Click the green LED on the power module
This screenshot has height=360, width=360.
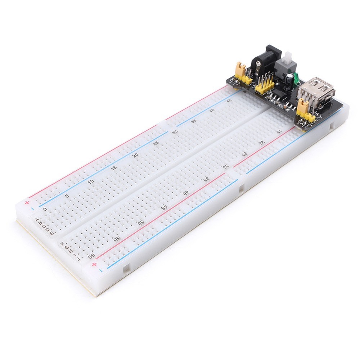[x=296, y=77]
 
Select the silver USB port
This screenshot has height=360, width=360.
[x=316, y=90]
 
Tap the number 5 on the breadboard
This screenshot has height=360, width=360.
[x=67, y=196]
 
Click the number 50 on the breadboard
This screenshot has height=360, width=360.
[x=141, y=222]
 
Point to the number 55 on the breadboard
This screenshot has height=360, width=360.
[x=116, y=238]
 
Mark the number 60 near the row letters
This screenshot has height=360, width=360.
[x=91, y=256]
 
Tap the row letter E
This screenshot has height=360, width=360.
[x=53, y=233]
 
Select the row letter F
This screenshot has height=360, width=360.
[x=64, y=243]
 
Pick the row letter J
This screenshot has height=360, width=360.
[x=78, y=257]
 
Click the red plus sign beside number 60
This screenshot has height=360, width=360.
[x=94, y=265]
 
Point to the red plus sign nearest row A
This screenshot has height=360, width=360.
[x=27, y=202]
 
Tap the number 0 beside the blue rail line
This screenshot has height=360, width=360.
[x=45, y=209]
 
